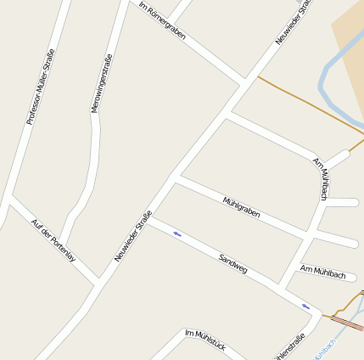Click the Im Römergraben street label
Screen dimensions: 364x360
(162, 20)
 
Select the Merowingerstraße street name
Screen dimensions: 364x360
(101, 83)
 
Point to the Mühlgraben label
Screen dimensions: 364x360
(241, 207)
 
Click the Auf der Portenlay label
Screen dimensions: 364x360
(53, 240)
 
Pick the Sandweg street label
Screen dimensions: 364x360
(232, 262)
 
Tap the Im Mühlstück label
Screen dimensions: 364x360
(204, 341)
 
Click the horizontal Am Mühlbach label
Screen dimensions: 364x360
(323, 273)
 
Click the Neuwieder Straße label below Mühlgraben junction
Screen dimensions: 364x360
(132, 235)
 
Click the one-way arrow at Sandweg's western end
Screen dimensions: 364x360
(177, 233)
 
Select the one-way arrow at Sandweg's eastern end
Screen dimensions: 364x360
(305, 306)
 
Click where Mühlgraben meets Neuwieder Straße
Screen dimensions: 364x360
(174, 180)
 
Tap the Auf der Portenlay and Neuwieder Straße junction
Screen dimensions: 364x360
(98, 281)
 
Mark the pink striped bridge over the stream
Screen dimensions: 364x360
(348, 323)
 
